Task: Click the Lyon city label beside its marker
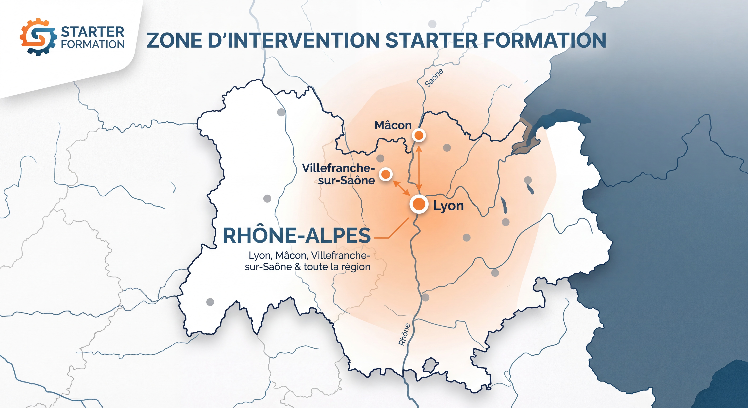(448, 206)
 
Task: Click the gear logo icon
(38, 37)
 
